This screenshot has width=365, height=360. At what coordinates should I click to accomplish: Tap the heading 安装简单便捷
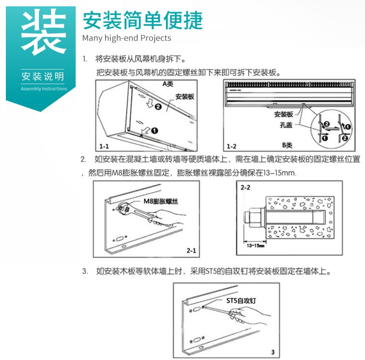pos(143,20)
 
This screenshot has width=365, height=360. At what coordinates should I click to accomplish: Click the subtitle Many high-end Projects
pos(127,38)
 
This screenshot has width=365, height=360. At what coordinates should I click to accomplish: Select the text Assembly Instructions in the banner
pos(44,89)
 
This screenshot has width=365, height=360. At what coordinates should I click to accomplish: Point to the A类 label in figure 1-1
pos(168,84)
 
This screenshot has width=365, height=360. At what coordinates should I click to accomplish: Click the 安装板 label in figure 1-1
pos(185,97)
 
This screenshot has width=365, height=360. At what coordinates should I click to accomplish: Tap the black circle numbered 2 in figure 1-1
pos(158,107)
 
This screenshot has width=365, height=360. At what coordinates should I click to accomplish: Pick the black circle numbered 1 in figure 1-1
pos(155,131)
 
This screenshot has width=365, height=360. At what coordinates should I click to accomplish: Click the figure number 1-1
pos(104,146)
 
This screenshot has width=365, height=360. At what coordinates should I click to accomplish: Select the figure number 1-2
pos(232,146)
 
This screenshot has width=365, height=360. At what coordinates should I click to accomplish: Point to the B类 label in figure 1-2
pos(287,145)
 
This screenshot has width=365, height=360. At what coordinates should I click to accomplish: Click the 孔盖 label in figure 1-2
pos(286,125)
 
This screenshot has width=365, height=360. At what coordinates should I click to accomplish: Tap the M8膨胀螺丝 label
pos(161,201)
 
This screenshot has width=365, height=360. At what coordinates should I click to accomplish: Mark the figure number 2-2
pos(245,188)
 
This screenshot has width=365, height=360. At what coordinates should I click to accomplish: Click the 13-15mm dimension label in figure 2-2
pos(255,246)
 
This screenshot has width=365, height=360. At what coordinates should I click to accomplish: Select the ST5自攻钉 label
pos(241,301)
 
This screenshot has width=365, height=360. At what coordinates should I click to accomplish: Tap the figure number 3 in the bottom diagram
pos(273,352)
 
